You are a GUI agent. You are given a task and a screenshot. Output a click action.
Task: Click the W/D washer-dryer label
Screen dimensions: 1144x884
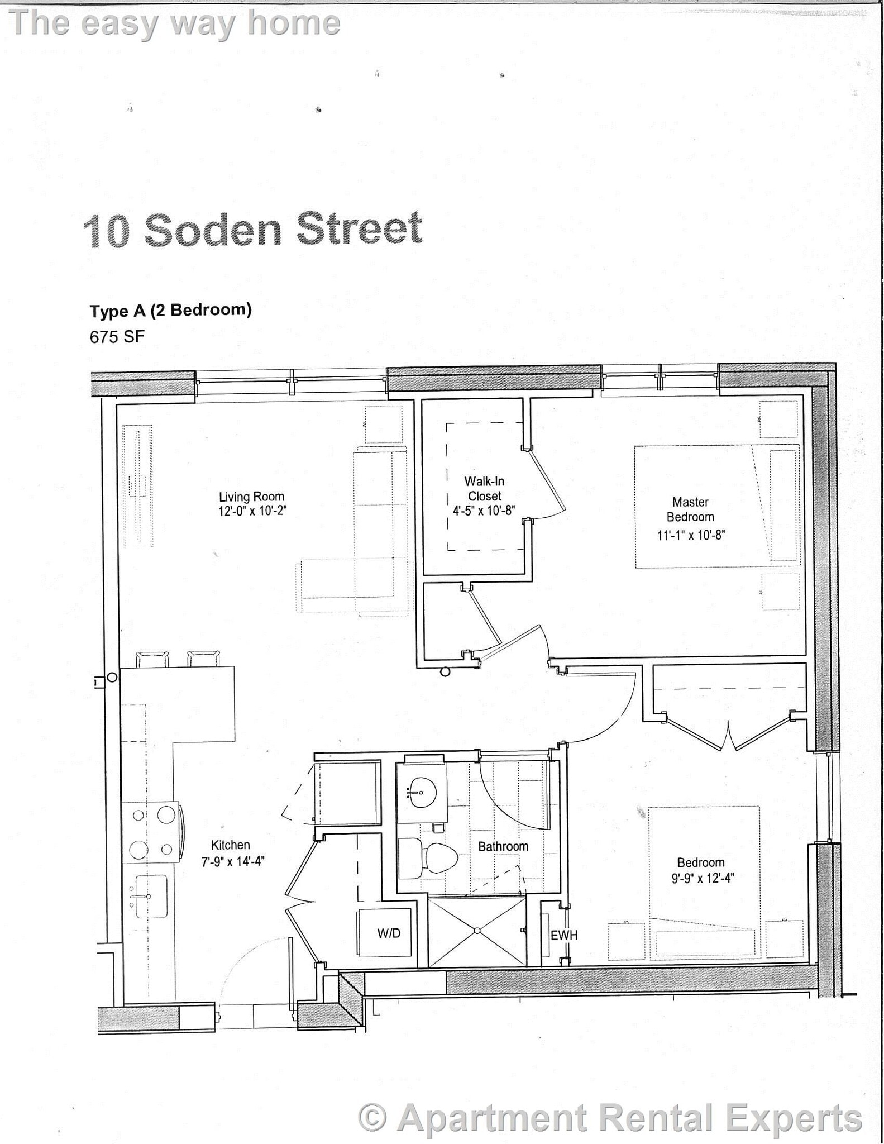pyautogui.click(x=389, y=933)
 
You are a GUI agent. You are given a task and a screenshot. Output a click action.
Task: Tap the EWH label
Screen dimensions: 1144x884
pyautogui.click(x=564, y=935)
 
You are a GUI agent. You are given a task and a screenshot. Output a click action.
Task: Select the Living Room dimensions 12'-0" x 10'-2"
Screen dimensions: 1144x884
pyautogui.click(x=252, y=511)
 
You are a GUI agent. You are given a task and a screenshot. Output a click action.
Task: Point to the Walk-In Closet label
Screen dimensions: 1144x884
pyautogui.click(x=484, y=488)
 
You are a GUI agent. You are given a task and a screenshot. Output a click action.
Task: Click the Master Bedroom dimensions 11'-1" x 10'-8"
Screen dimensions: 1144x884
pyautogui.click(x=691, y=535)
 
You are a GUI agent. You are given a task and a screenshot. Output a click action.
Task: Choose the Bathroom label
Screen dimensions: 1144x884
pyautogui.click(x=503, y=846)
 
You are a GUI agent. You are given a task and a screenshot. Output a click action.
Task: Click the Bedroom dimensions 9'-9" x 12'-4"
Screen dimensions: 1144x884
pyautogui.click(x=703, y=878)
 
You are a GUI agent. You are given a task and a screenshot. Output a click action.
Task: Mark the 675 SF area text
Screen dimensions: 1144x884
pyautogui.click(x=117, y=337)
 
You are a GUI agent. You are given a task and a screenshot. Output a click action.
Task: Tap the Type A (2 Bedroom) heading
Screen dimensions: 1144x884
pyautogui.click(x=170, y=310)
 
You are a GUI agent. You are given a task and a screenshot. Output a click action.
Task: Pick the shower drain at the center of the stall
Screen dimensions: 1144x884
pyautogui.click(x=477, y=930)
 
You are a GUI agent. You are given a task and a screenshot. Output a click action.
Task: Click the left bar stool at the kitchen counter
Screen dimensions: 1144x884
pyautogui.click(x=152, y=659)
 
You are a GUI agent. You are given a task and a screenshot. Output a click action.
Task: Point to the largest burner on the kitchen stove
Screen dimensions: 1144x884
pyautogui.click(x=166, y=814)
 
